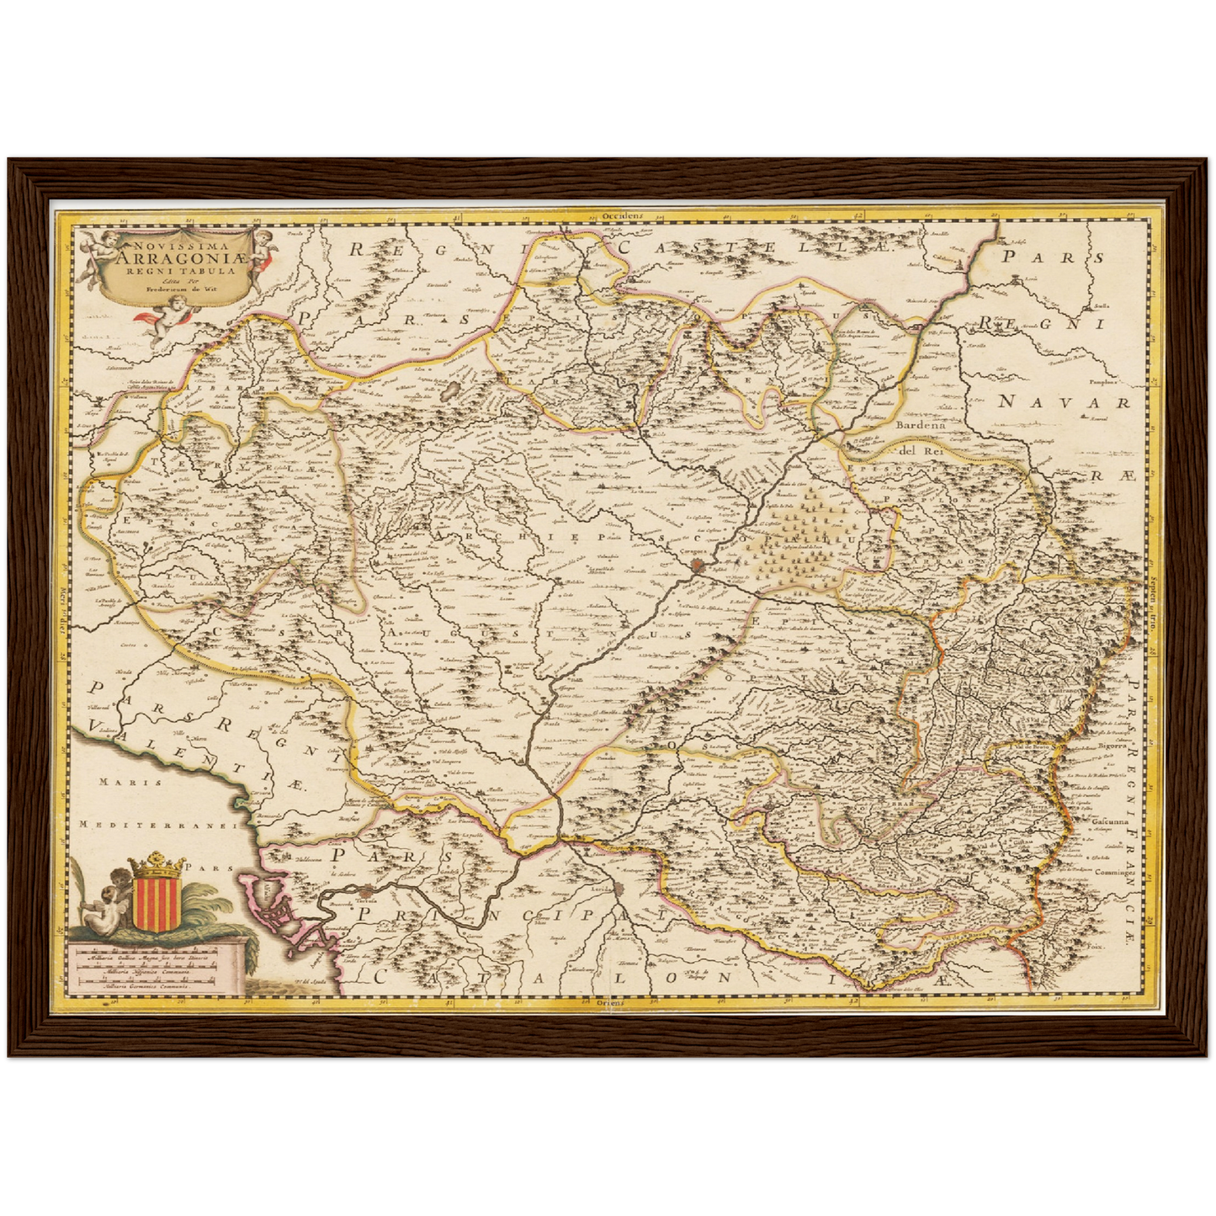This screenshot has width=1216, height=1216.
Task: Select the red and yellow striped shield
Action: [155, 901]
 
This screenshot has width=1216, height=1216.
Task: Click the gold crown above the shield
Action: [155, 864]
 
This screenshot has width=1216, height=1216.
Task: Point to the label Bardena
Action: [921, 426]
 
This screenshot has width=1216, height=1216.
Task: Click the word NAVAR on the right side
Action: [1063, 403]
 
